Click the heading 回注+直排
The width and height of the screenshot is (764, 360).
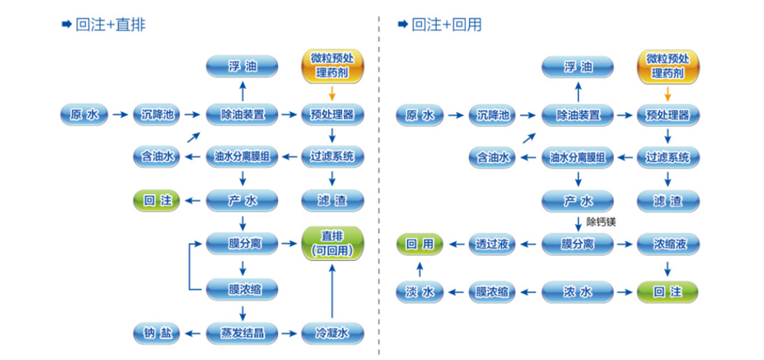click(111, 25)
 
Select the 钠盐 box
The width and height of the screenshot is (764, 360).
click(156, 333)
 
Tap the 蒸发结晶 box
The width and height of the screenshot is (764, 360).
click(243, 333)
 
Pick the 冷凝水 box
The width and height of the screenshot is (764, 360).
click(332, 333)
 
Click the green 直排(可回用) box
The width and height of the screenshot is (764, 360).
click(332, 243)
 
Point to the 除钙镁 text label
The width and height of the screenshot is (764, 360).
click(601, 223)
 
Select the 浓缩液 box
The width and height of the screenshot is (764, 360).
click(667, 244)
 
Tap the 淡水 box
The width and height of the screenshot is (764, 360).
click(419, 291)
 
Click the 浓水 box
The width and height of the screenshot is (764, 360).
click(578, 291)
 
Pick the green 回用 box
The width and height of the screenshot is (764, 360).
click(419, 244)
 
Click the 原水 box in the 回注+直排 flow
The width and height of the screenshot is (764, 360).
click(84, 114)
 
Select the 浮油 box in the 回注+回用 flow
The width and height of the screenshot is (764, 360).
click(578, 67)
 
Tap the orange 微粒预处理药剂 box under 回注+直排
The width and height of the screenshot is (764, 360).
click(332, 66)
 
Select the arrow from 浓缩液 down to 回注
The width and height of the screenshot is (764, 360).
click(667, 268)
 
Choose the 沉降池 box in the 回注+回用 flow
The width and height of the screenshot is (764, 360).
click(492, 115)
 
